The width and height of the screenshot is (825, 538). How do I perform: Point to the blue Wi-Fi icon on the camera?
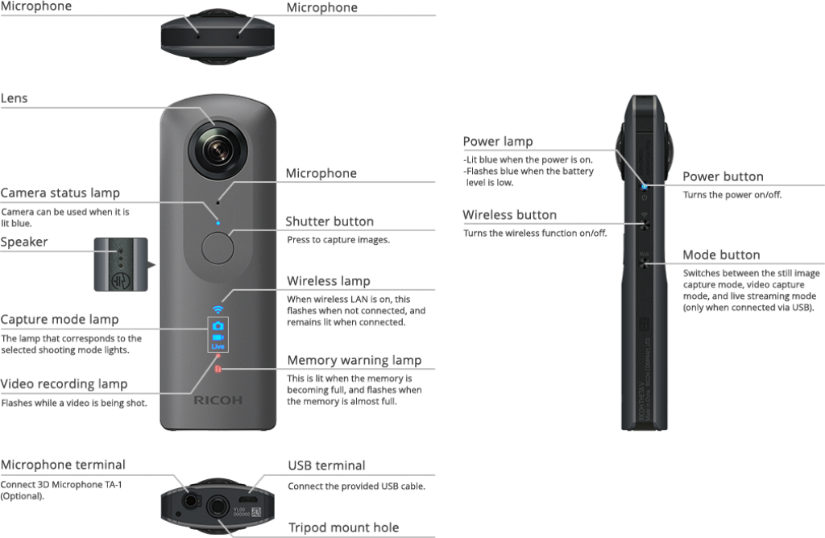218,309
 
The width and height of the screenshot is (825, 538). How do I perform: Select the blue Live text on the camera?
218,346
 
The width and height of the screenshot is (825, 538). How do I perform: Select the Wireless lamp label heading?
329,281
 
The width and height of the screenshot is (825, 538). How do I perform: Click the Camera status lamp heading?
60,193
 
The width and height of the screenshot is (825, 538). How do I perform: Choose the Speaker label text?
24,242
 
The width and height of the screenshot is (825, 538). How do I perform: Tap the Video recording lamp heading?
64,384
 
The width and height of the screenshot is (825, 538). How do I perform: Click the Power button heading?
723,177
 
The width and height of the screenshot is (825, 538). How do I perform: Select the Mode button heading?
721,255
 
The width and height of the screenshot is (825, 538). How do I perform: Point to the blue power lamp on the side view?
643,186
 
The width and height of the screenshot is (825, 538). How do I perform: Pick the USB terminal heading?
327,466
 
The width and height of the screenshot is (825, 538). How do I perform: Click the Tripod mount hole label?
343,528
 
